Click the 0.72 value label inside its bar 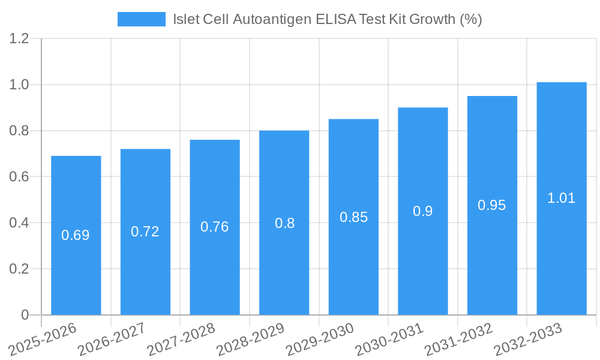click(145, 232)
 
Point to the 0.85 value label click(353, 217)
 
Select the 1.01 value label click(562, 198)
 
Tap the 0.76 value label click(215, 227)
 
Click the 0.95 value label click(492, 205)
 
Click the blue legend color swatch click(141, 19)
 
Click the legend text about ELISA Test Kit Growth click(328, 19)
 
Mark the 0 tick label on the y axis click(25, 315)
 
